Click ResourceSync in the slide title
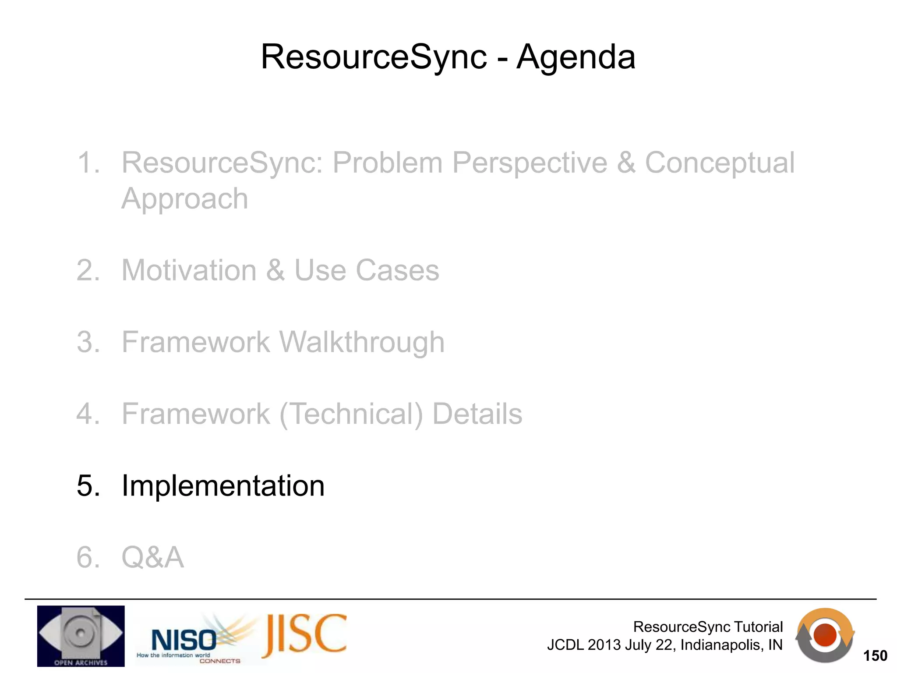point(374,57)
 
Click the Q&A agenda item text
point(152,557)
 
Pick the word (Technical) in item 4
point(351,414)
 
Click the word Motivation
point(189,270)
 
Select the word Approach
point(184,198)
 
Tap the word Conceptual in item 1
point(719,163)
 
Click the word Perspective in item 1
point(530,163)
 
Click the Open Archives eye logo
point(81,636)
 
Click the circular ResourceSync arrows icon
point(825,635)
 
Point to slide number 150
point(875,656)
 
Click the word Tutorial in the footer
point(758,627)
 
